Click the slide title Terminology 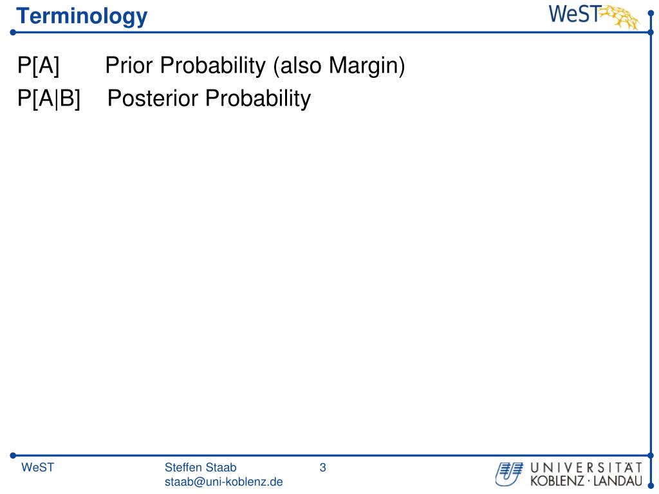82,17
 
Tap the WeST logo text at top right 574,14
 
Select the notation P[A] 38,66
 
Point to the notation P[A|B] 49,98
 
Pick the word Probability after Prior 213,66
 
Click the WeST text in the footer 38,468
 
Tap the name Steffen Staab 201,468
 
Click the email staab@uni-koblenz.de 223,482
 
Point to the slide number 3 323,468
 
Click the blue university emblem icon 509,474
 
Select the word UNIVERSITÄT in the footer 586,468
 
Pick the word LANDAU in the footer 618,481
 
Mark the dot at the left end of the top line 13,32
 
